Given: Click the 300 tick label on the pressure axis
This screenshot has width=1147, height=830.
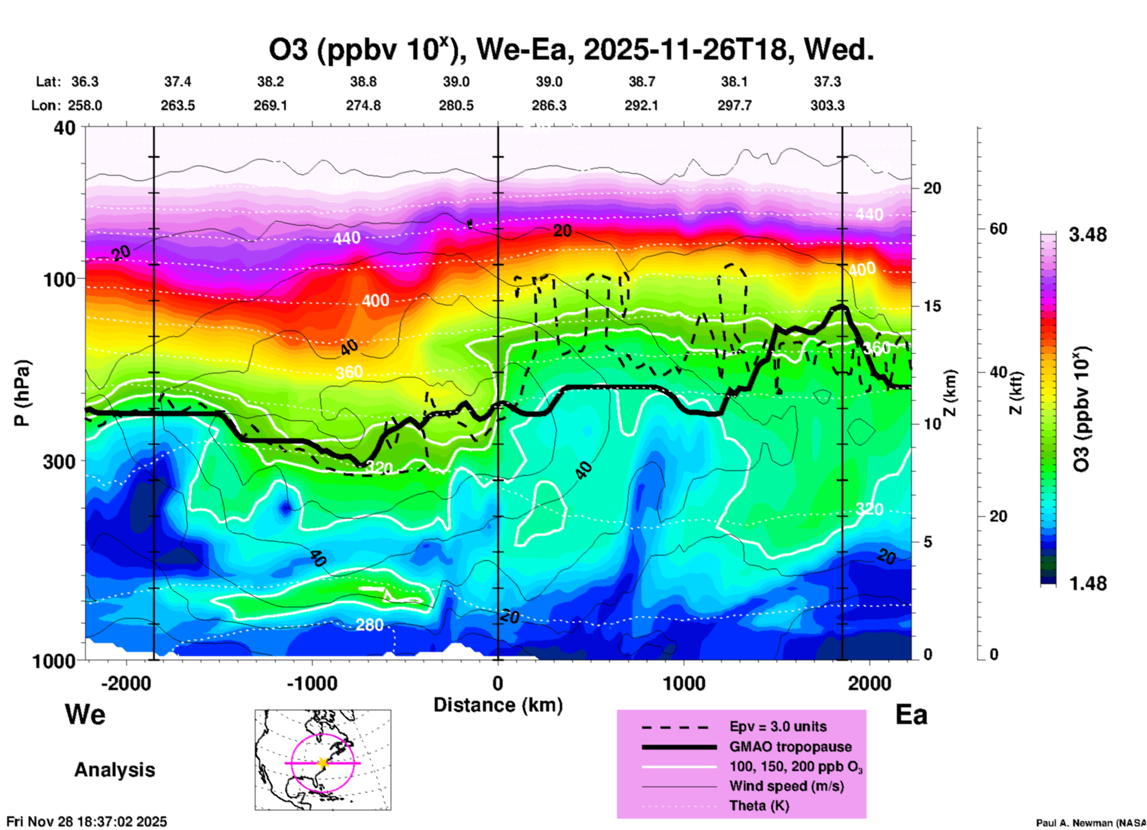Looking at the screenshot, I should [59, 461].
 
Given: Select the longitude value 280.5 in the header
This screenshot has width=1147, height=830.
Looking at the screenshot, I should [456, 105].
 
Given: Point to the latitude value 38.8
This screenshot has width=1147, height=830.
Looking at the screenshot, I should [363, 82].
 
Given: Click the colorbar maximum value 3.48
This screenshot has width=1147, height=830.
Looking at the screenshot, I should [1087, 235].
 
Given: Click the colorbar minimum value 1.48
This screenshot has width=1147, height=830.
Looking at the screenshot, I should [1087, 583].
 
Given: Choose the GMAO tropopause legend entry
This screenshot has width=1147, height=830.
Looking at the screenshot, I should [790, 747].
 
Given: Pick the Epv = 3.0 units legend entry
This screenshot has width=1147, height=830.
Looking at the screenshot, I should [778, 726].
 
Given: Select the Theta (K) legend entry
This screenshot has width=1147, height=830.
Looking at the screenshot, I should [759, 806].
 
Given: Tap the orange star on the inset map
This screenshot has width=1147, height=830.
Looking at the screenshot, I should [323, 763].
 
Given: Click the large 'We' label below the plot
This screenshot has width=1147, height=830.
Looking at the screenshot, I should [85, 714].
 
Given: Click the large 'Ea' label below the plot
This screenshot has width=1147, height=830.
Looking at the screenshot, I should [911, 715].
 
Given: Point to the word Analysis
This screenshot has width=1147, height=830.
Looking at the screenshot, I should [114, 770].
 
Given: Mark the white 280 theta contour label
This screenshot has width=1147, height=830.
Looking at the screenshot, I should [369, 625].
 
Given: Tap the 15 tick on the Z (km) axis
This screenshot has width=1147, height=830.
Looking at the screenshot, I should [932, 306].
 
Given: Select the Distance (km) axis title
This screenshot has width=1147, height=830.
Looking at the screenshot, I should [498, 705].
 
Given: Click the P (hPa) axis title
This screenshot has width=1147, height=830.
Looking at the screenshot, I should [22, 393].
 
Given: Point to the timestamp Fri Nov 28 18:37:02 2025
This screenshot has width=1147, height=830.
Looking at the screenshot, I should [87, 822].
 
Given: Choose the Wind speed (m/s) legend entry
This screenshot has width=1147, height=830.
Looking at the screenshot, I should [786, 786].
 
